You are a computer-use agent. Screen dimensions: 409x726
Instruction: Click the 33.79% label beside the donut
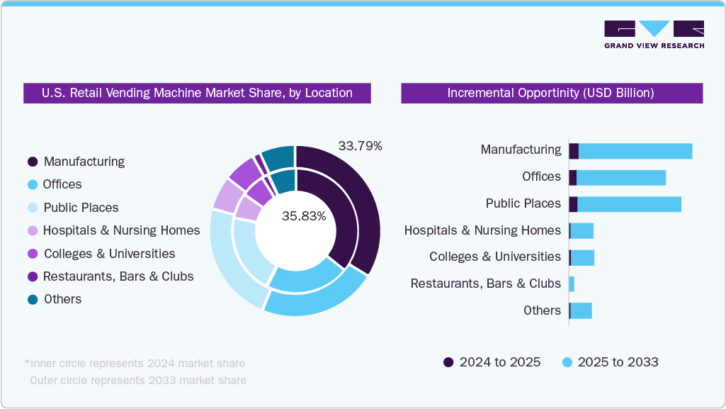pyautogui.click(x=360, y=146)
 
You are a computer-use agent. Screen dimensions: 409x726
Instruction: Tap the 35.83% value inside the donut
pyautogui.click(x=303, y=216)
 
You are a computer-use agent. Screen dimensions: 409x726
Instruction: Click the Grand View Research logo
pyautogui.click(x=654, y=34)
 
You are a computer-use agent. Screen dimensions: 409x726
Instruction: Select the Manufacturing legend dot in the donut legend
pyautogui.click(x=33, y=162)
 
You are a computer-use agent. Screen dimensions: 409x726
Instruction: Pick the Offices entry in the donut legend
pyautogui.click(x=62, y=184)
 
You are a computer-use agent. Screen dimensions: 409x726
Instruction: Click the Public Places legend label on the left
pyautogui.click(x=81, y=208)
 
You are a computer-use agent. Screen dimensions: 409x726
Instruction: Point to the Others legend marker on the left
pyautogui.click(x=33, y=299)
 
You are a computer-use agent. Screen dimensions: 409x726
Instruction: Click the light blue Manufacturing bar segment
pyautogui.click(x=635, y=150)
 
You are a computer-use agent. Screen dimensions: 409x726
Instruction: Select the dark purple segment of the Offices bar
pyautogui.click(x=572, y=177)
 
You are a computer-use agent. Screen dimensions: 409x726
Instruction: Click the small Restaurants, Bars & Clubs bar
pyautogui.click(x=571, y=284)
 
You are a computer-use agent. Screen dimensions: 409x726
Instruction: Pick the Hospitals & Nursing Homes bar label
pyautogui.click(x=482, y=230)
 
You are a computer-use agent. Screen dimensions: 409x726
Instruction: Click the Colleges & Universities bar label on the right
pyautogui.click(x=495, y=257)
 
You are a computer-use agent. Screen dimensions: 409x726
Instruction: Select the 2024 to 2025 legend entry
pyautogui.click(x=492, y=362)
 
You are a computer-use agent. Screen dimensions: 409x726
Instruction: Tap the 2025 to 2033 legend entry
pyautogui.click(x=610, y=362)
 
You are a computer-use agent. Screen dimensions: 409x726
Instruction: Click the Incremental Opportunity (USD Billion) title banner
pyautogui.click(x=551, y=93)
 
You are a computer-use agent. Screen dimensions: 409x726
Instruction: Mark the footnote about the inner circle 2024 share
pyautogui.click(x=135, y=364)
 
